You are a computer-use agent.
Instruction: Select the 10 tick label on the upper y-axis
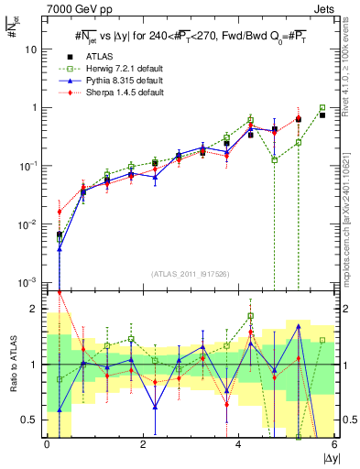30,49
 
